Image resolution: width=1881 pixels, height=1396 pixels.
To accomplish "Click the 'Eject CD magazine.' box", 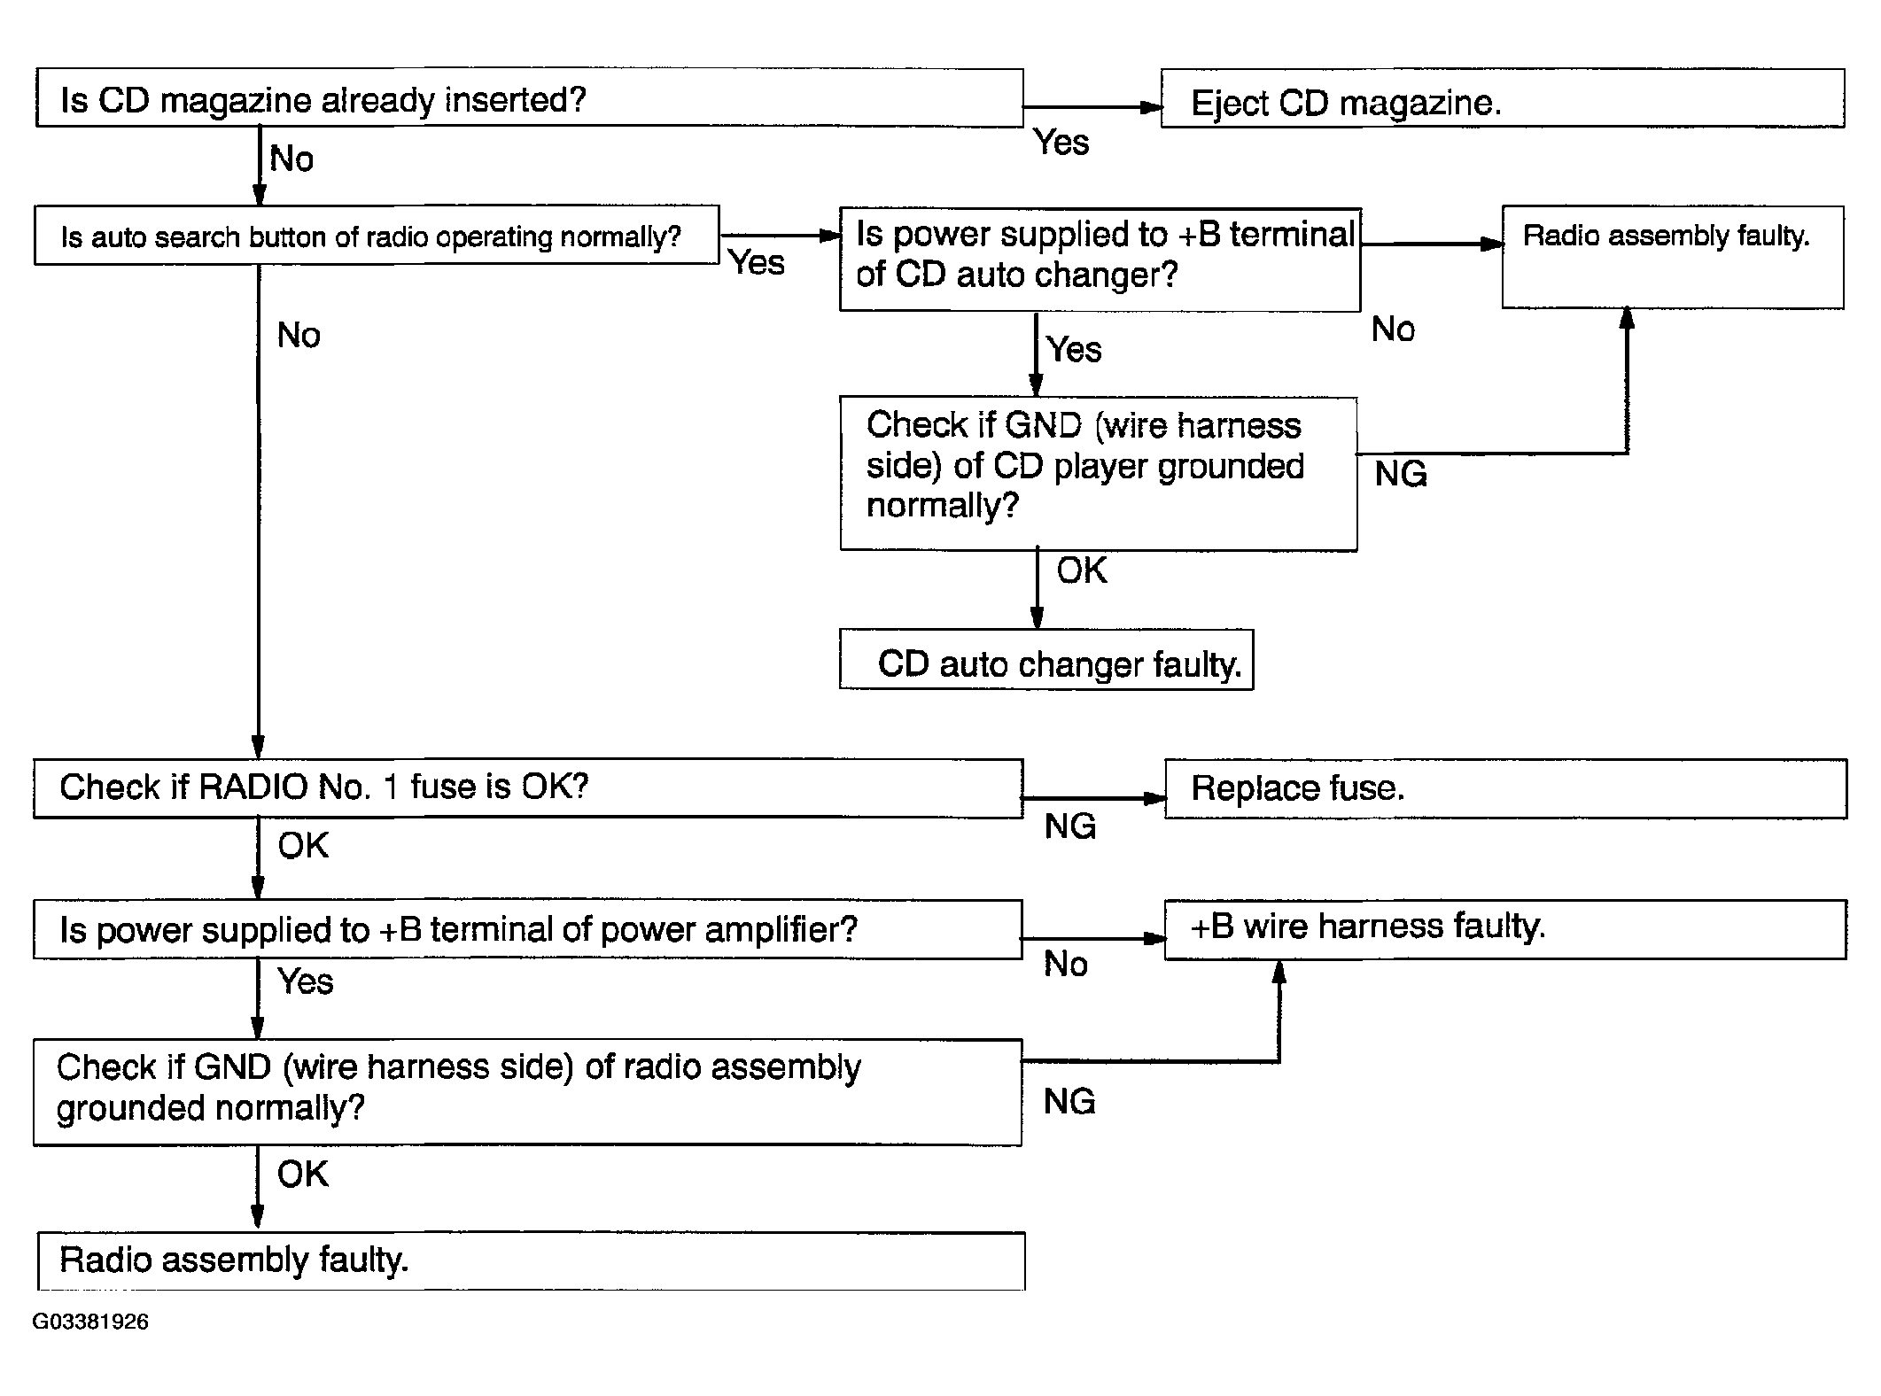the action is [x=1503, y=98].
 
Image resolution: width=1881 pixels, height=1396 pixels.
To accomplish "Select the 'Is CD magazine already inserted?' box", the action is [x=530, y=97].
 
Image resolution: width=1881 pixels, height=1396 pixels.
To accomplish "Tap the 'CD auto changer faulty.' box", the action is [x=1046, y=660].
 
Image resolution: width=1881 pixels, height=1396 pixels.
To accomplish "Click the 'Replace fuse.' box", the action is [x=1505, y=788].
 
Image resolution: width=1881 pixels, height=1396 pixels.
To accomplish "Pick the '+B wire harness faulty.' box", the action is [x=1505, y=929].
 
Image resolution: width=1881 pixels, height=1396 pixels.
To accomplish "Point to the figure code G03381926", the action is [x=90, y=1322].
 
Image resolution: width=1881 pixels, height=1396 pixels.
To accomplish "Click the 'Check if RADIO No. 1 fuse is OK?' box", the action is [x=528, y=788].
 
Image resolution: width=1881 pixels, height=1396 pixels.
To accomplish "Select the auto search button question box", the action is [x=377, y=236].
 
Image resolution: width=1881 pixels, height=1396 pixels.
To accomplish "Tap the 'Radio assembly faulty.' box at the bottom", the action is [x=532, y=1260].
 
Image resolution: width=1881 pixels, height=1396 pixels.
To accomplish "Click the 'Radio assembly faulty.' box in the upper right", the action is [x=1673, y=257].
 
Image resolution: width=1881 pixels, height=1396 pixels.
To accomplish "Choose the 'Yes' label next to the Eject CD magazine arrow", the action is [x=1061, y=142].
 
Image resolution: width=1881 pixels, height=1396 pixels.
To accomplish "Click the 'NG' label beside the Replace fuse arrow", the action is [x=1070, y=826].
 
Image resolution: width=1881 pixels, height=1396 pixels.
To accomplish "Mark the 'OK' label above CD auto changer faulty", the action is [x=1082, y=570].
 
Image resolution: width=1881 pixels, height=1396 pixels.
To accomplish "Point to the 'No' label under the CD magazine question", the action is [x=291, y=159].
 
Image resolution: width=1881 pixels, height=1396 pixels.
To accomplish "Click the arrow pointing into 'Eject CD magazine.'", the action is [x=1092, y=107].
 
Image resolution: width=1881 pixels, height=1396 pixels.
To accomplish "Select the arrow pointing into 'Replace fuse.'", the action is [x=1094, y=798].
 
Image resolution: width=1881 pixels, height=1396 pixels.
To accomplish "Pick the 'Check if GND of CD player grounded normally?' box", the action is [x=1099, y=474].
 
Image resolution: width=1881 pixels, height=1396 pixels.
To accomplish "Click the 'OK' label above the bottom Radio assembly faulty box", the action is [x=302, y=1175].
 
